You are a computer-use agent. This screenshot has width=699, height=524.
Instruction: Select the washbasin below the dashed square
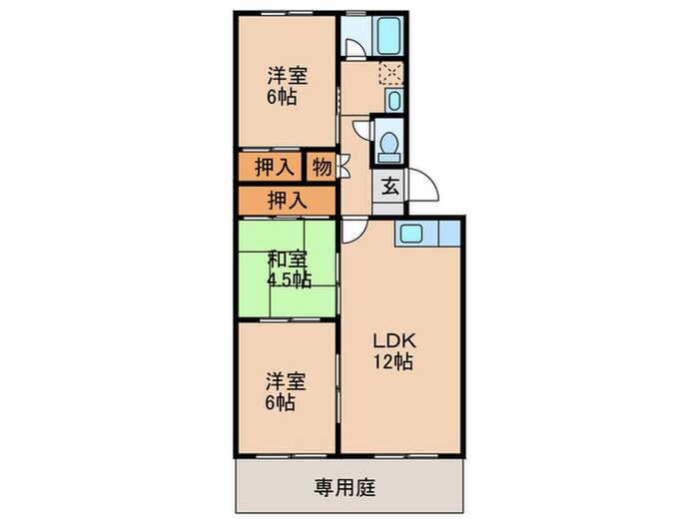(393, 101)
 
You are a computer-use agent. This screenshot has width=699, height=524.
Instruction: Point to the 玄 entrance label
(386, 187)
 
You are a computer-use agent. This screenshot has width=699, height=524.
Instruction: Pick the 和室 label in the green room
(285, 261)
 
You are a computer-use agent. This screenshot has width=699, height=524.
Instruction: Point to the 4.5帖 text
(289, 279)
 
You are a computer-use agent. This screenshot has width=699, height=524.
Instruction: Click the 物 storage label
(321, 167)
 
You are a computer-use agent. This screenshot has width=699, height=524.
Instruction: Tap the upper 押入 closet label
(272, 167)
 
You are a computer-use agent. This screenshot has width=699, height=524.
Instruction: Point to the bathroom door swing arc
(351, 45)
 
